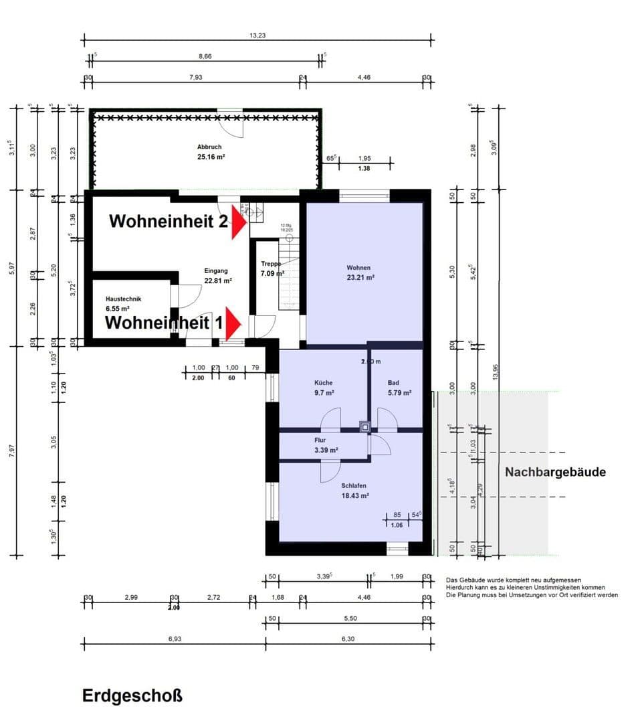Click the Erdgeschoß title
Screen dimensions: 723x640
(x=132, y=696)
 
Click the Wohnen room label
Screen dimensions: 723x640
(x=358, y=272)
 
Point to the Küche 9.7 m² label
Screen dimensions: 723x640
(x=324, y=388)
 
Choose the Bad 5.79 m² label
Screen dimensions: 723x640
(x=399, y=388)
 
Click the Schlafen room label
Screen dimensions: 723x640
(x=354, y=491)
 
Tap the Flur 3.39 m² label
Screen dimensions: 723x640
(x=326, y=445)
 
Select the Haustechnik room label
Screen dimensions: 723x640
(x=124, y=304)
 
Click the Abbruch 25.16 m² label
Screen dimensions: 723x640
(x=209, y=151)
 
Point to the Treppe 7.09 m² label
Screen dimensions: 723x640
(x=272, y=268)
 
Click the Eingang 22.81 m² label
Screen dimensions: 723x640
(x=218, y=276)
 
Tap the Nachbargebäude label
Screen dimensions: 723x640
(x=555, y=472)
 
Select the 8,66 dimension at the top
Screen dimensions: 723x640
(x=205, y=58)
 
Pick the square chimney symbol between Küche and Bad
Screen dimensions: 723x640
(x=364, y=426)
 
